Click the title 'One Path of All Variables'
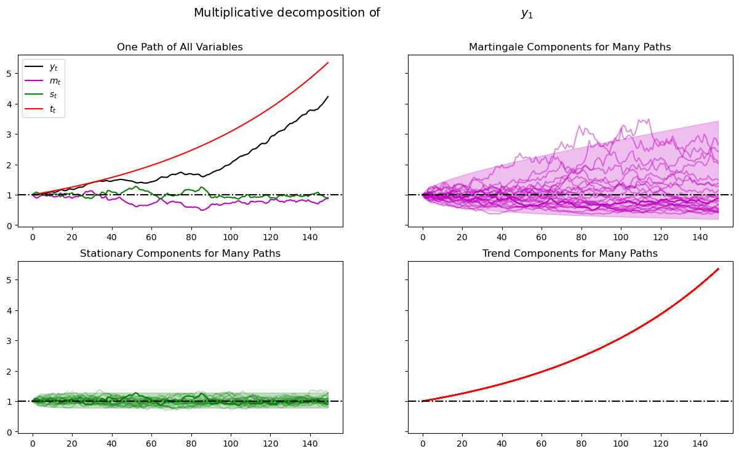(x=180, y=47)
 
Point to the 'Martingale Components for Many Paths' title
(x=570, y=47)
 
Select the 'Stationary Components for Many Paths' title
(x=180, y=254)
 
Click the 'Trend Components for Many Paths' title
(x=570, y=254)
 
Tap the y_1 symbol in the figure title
(x=527, y=14)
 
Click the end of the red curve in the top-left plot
(x=328, y=63)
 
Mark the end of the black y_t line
(x=328, y=96)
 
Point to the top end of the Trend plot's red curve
(x=718, y=268)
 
